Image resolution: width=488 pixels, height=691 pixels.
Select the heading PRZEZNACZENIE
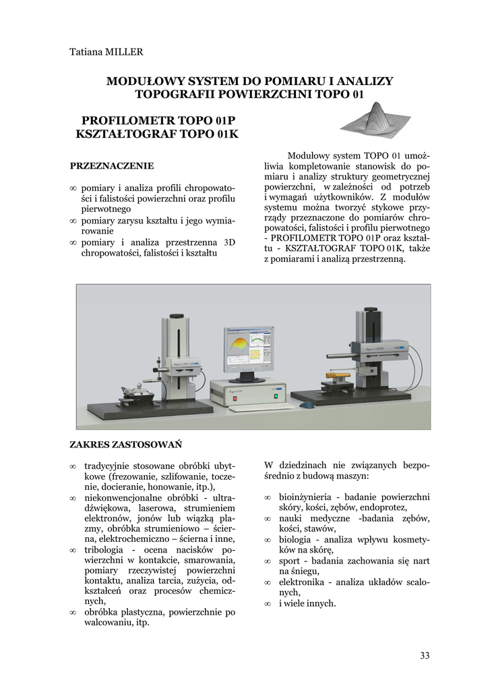click(x=112, y=165)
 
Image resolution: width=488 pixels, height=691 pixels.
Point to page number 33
click(x=424, y=655)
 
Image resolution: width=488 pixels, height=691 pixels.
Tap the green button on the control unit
click(x=276, y=396)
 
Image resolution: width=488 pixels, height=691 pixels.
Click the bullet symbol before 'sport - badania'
click(x=268, y=561)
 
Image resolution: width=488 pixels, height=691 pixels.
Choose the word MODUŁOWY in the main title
click(x=142, y=81)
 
